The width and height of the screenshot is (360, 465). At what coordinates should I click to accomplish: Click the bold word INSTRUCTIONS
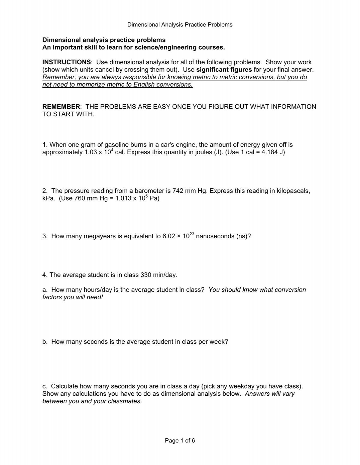[66, 62]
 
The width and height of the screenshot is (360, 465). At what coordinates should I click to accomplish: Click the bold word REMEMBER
[61, 107]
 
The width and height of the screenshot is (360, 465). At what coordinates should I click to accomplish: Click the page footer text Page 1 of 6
[180, 441]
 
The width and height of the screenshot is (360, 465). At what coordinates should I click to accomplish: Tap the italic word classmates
[126, 401]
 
